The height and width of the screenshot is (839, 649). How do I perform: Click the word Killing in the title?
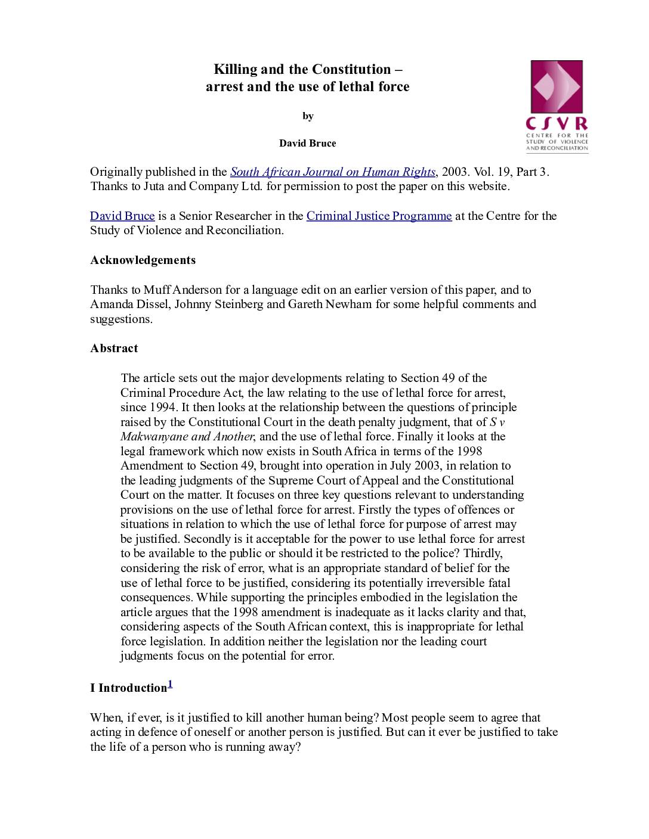[236, 70]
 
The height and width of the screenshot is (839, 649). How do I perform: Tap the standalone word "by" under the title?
[308, 116]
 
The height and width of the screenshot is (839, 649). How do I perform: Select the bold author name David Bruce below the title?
[308, 144]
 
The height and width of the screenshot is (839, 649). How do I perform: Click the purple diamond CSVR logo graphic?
[557, 87]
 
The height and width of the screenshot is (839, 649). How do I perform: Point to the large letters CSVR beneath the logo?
[557, 124]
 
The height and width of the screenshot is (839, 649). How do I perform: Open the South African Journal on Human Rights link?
[333, 172]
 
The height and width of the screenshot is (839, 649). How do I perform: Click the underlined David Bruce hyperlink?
[122, 216]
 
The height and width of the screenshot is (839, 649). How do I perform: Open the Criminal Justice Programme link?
[379, 216]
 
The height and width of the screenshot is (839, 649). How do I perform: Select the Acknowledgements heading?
[143, 260]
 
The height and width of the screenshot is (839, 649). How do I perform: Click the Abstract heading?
[114, 349]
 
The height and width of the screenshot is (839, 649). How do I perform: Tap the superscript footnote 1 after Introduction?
[170, 685]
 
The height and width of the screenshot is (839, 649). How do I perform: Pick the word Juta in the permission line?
[154, 187]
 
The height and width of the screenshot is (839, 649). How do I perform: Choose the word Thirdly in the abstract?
[482, 554]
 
